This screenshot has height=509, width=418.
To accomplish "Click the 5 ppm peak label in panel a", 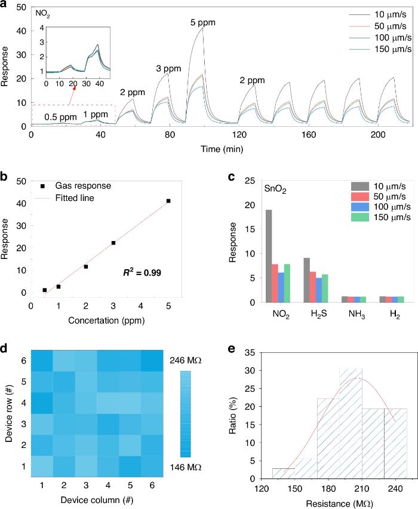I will tap(202, 23).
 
